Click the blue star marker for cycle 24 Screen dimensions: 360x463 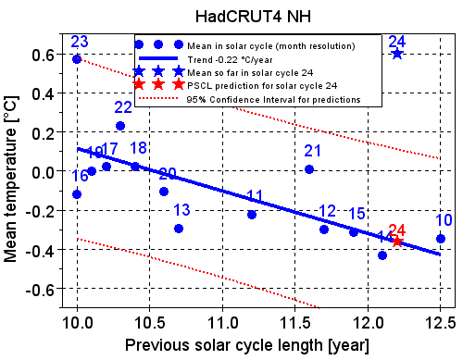(397, 54)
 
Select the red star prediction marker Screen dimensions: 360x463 (398, 241)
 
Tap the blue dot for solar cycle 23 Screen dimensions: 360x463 (77, 58)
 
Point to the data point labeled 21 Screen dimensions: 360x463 (309, 169)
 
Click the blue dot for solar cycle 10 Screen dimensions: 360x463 (441, 238)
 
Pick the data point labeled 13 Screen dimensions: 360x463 (179, 228)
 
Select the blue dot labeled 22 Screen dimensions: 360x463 (120, 126)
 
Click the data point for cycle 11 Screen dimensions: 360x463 (252, 214)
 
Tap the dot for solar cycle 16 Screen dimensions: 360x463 (77, 193)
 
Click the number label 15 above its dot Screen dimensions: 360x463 (357, 214)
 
